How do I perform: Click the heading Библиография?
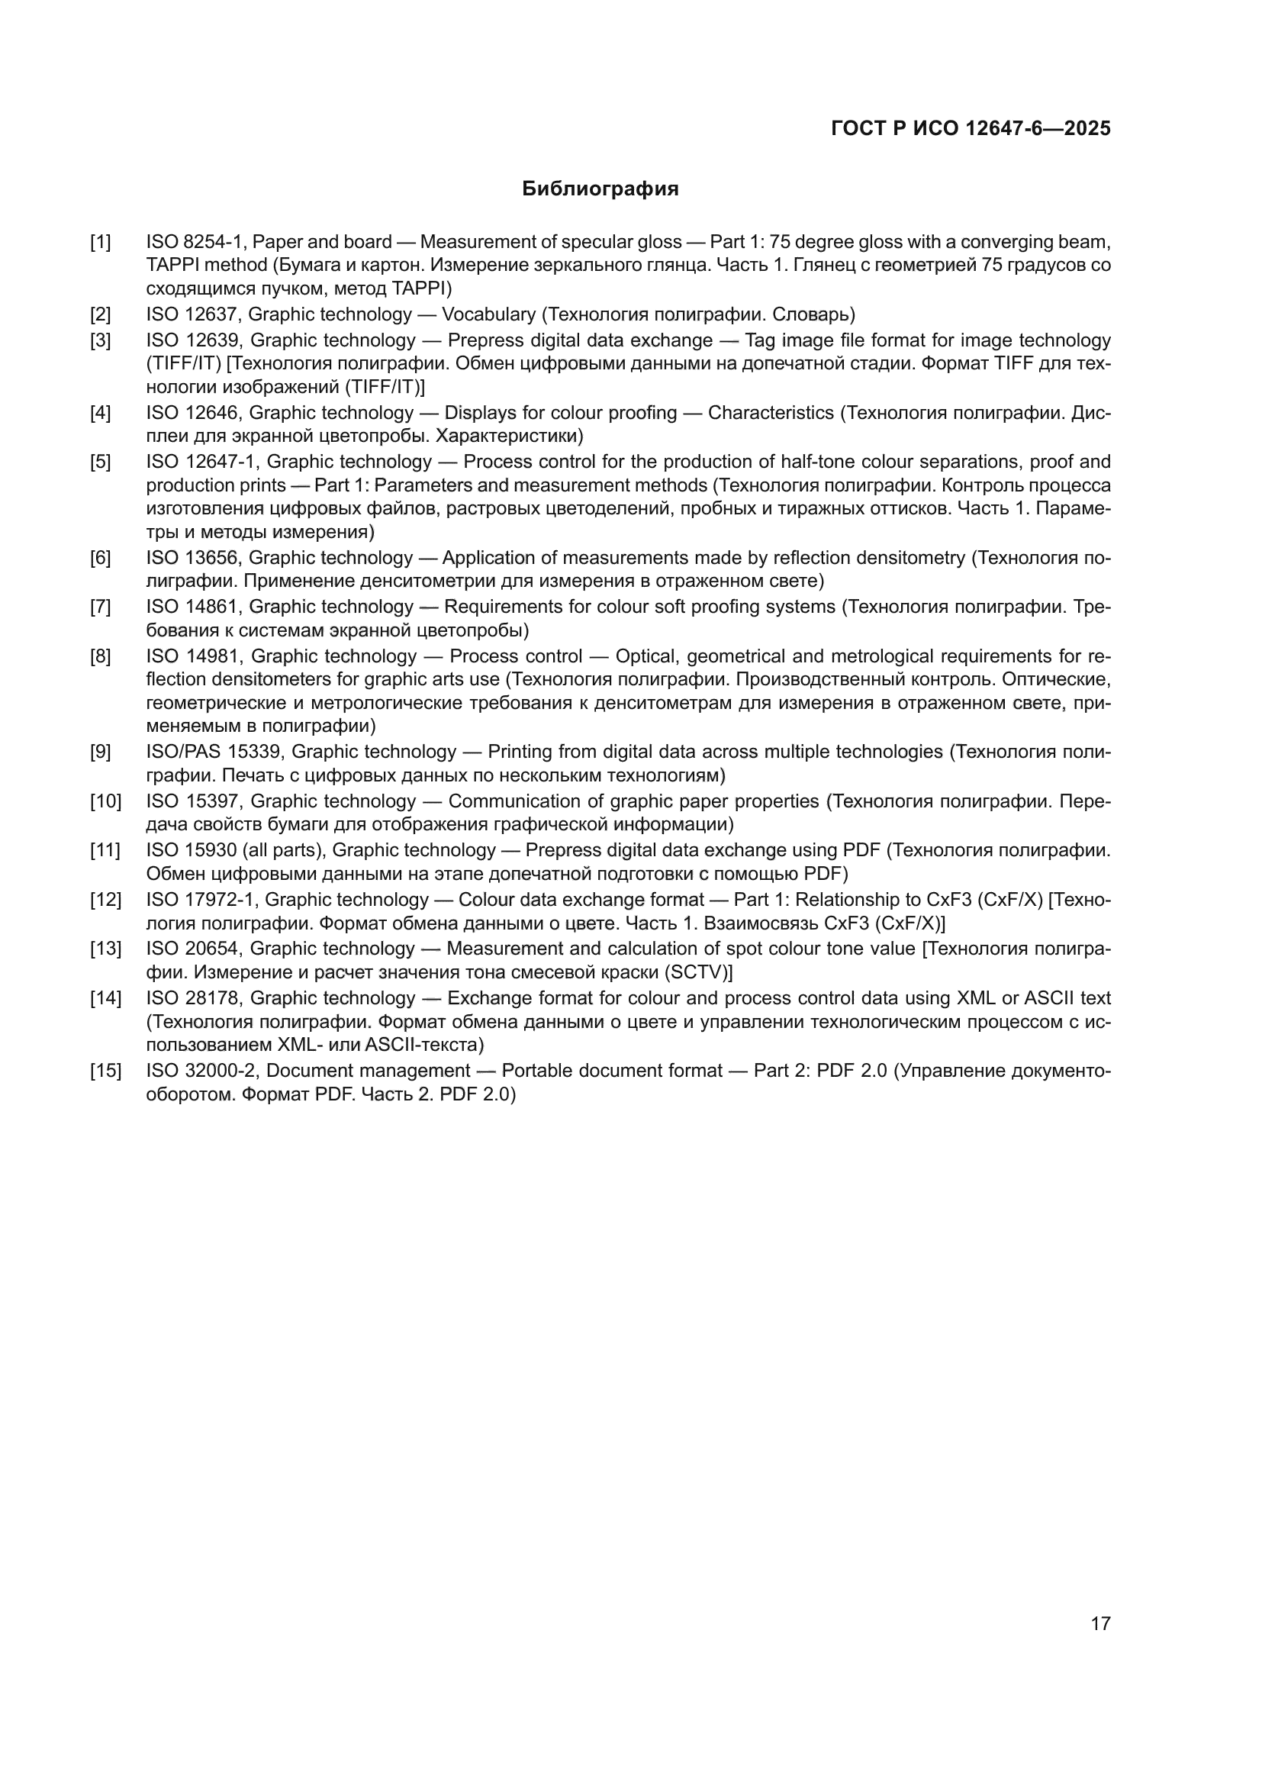click(x=600, y=189)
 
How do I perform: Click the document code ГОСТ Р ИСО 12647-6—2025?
click(x=971, y=128)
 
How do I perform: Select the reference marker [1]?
click(x=100, y=242)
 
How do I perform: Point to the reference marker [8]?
click(x=100, y=656)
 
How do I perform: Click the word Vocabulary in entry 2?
click(x=489, y=314)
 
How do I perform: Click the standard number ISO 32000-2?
click(x=201, y=1071)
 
